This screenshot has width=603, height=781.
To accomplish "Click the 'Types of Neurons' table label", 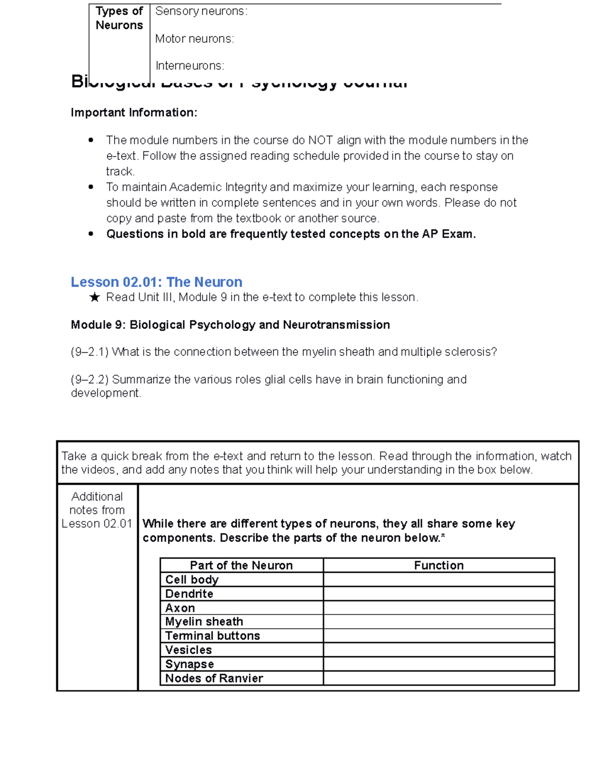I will click(x=119, y=18).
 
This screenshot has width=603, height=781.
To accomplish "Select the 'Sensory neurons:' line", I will click(x=201, y=11).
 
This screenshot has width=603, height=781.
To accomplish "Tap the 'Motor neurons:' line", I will click(x=194, y=39).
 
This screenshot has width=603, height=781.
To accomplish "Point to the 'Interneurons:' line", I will click(x=189, y=66).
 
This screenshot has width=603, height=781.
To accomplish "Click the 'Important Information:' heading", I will click(x=134, y=113).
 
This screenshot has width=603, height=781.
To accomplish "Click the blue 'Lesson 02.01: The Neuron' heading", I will click(x=156, y=282).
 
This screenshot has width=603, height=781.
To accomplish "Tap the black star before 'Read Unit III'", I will click(x=94, y=298).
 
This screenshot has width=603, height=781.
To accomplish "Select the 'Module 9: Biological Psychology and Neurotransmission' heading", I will click(x=230, y=325).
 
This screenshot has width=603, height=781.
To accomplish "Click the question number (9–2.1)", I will click(x=89, y=352).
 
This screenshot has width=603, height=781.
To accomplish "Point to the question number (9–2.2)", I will click(x=89, y=380).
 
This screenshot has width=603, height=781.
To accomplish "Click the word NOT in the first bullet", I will click(x=320, y=140).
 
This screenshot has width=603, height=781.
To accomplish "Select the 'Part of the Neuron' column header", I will click(x=241, y=565).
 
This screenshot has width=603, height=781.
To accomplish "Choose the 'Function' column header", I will click(x=439, y=565).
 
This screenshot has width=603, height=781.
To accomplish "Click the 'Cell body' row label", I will click(x=192, y=579).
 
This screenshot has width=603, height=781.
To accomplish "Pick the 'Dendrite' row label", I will click(x=189, y=593).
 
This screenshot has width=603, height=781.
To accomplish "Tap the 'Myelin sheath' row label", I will click(x=204, y=622).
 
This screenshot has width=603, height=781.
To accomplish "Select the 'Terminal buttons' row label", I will click(x=213, y=636).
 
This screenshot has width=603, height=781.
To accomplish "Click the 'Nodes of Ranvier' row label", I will click(x=214, y=678).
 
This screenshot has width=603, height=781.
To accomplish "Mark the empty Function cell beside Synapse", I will click(x=439, y=664).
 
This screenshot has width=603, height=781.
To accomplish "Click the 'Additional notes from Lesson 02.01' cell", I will click(x=97, y=510).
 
